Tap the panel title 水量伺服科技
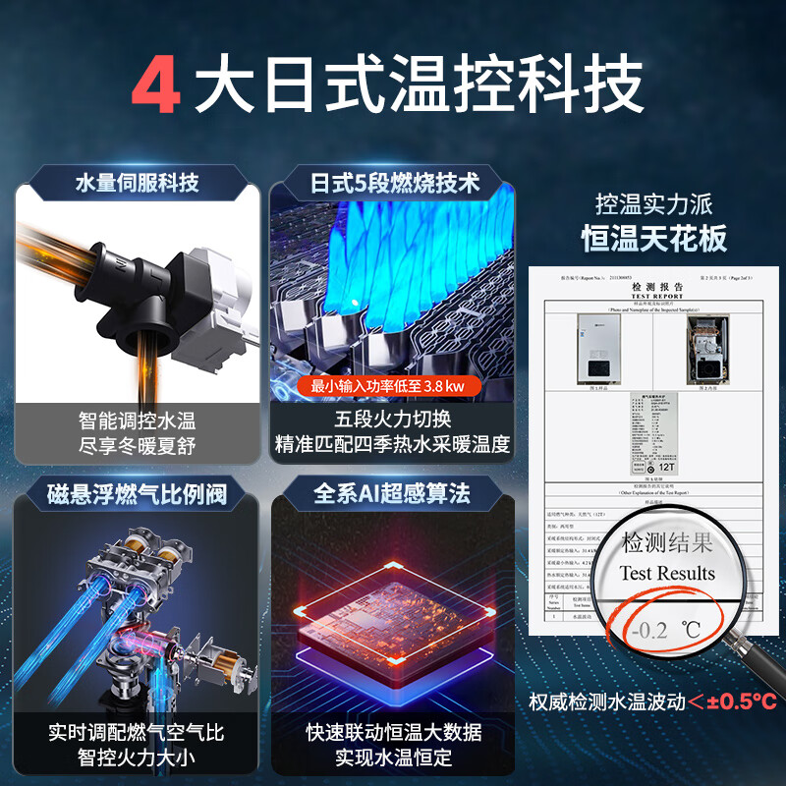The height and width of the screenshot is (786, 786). [x=138, y=183]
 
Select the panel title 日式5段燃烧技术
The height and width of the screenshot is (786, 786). [x=395, y=183]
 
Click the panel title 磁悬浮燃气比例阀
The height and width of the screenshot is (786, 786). [x=138, y=492]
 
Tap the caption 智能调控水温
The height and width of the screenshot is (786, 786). [x=137, y=421]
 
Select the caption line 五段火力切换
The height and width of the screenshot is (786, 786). [x=393, y=420]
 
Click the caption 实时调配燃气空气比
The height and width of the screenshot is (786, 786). [x=137, y=732]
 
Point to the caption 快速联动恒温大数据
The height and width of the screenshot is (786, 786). [x=393, y=732]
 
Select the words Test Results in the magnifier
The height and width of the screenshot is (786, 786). [x=667, y=573]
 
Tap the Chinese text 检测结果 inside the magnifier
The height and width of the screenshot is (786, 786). [x=667, y=542]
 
